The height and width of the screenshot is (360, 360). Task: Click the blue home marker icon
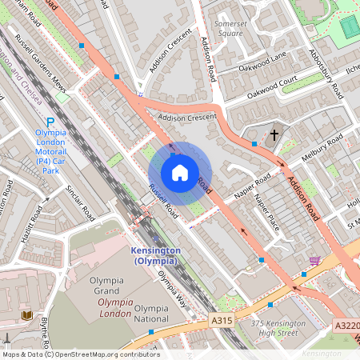coord(179,172)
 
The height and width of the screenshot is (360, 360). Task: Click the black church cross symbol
coord(274,135)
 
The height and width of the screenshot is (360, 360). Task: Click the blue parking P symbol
coord(50,119)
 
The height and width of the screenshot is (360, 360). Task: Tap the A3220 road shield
coord(347,326)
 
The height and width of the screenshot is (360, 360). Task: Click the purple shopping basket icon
coord(315,261)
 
